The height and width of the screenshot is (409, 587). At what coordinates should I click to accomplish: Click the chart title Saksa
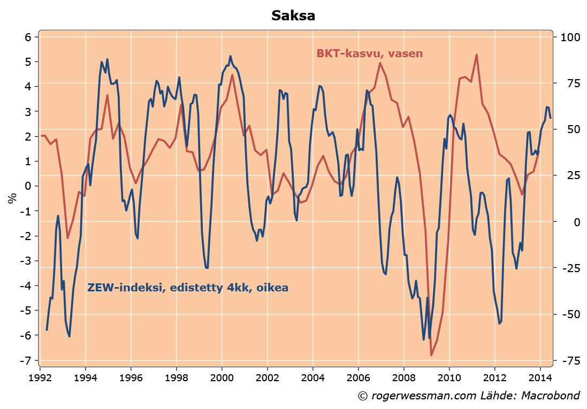pyautogui.click(x=293, y=16)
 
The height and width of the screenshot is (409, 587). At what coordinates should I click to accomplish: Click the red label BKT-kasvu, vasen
pyautogui.click(x=369, y=53)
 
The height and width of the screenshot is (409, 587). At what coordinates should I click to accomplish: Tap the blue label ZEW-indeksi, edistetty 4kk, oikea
pyautogui.click(x=188, y=288)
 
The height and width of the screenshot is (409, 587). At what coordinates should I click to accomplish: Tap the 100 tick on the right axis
pyautogui.click(x=569, y=37)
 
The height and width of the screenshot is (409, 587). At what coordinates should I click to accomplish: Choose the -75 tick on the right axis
pyautogui.click(x=568, y=360)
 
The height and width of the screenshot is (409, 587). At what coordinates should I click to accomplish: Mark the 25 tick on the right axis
pyautogui.click(x=566, y=175)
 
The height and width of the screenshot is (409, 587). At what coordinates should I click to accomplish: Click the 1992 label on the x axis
pyautogui.click(x=40, y=376)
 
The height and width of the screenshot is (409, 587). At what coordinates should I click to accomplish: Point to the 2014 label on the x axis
pyautogui.click(x=540, y=376)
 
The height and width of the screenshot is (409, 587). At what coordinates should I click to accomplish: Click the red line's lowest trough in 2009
pyautogui.click(x=431, y=355)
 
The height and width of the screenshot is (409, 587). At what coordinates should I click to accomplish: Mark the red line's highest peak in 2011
pyautogui.click(x=476, y=55)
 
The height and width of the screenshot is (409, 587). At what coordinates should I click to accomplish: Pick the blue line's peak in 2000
pyautogui.click(x=230, y=56)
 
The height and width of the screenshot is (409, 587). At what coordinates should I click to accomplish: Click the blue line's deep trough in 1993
pyautogui.click(x=70, y=336)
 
